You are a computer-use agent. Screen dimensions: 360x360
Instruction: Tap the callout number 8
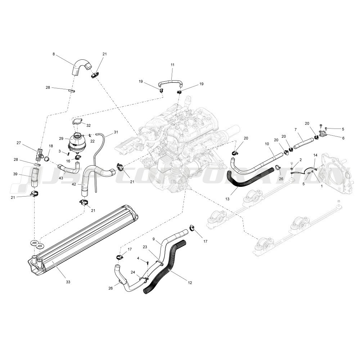pos(54,54)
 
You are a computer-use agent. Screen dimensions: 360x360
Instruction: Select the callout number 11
pos(172,65)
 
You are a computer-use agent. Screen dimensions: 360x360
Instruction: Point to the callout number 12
pos(190,282)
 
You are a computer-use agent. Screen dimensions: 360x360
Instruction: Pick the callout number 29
pos(61,138)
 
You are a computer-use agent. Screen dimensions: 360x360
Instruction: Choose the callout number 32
pos(88,126)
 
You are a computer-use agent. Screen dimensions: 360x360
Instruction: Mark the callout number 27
pos(19,143)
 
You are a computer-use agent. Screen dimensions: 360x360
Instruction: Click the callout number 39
pos(15,174)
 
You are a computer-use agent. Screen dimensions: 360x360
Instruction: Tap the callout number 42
pos(74,184)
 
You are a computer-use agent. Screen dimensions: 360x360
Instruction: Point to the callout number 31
pos(116,132)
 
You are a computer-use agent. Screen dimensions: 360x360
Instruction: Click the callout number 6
pos(343,138)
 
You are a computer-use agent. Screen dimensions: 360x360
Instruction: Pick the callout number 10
pos(267,144)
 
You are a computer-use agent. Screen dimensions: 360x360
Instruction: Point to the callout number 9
pos(154,239)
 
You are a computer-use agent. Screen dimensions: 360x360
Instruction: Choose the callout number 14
pos(315,155)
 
